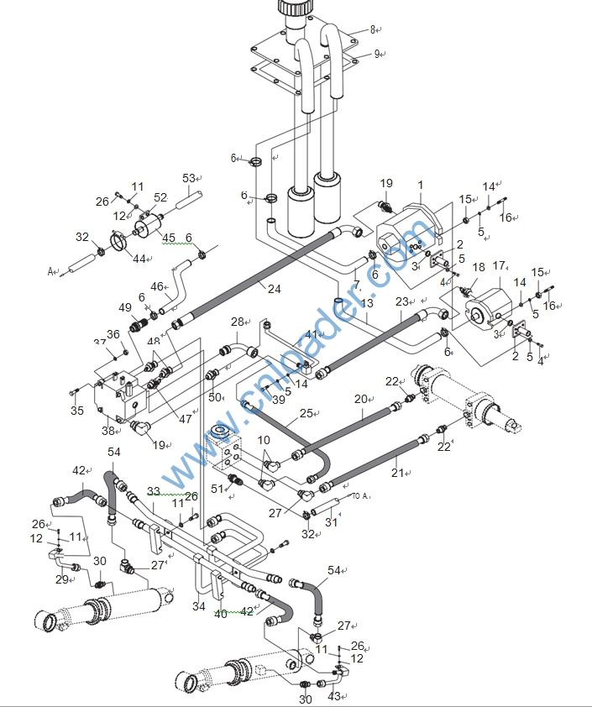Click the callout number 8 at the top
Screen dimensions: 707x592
click(373, 29)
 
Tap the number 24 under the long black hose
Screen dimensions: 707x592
click(275, 290)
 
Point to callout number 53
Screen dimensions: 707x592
click(188, 178)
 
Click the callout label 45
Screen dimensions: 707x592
click(169, 238)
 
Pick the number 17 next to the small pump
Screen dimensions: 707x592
click(499, 266)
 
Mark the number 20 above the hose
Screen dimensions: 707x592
click(361, 400)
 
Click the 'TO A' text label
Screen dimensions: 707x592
click(360, 497)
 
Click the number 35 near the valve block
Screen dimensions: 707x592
click(77, 411)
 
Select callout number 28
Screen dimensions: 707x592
click(237, 322)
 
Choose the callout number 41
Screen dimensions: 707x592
click(312, 335)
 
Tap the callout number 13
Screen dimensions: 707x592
click(367, 303)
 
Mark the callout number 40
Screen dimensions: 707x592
click(220, 612)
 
